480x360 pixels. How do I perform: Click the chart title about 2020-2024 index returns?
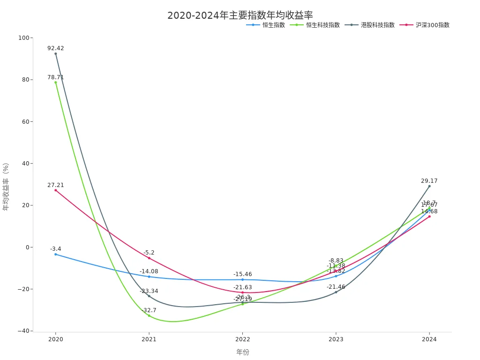pos(240,15)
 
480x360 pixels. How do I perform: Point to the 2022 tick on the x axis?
pos(242,339)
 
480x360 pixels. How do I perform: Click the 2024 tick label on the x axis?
pos(429,339)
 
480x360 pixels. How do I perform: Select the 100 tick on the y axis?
pos(23,38)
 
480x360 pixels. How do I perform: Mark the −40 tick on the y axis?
pos(22,331)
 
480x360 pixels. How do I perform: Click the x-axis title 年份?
pos(242,352)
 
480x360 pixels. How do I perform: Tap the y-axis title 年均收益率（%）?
pos(6,187)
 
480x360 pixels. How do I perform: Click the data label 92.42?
pos(56,48)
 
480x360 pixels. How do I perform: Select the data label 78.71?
pos(56,77)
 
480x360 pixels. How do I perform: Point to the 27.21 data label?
pos(56,185)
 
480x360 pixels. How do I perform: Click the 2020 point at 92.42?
pos(56,53)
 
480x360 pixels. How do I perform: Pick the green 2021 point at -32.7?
pos(149,315)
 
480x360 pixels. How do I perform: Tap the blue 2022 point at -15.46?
pos(242,279)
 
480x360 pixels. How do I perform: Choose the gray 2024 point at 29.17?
pos(429,186)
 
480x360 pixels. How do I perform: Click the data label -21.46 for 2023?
pos(336,287)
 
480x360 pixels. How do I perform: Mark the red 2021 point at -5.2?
pos(149,258)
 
